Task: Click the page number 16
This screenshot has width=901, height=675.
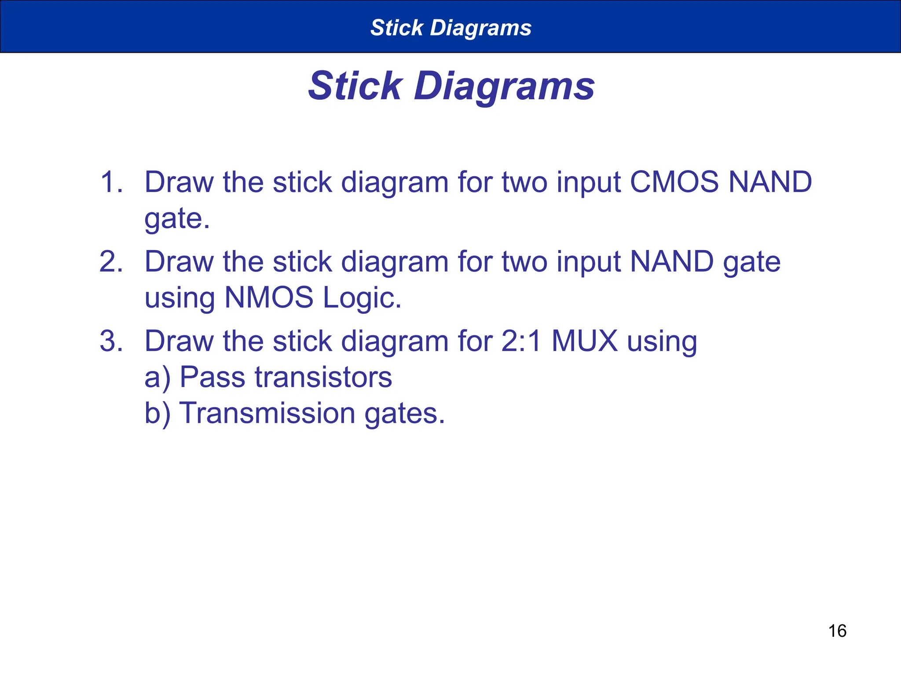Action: [x=837, y=631]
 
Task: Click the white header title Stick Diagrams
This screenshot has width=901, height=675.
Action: [x=451, y=28]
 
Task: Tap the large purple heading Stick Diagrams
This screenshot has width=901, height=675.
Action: [x=451, y=86]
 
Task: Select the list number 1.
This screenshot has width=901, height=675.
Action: [x=111, y=182]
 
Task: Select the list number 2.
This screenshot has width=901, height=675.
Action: [x=111, y=261]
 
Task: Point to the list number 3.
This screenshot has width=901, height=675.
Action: [x=111, y=341]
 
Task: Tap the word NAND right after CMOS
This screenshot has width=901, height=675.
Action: [x=770, y=182]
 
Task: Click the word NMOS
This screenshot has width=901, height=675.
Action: [x=269, y=298]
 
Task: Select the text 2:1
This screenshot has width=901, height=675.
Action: [x=521, y=341]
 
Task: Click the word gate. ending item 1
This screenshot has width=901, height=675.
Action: [x=177, y=219]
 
